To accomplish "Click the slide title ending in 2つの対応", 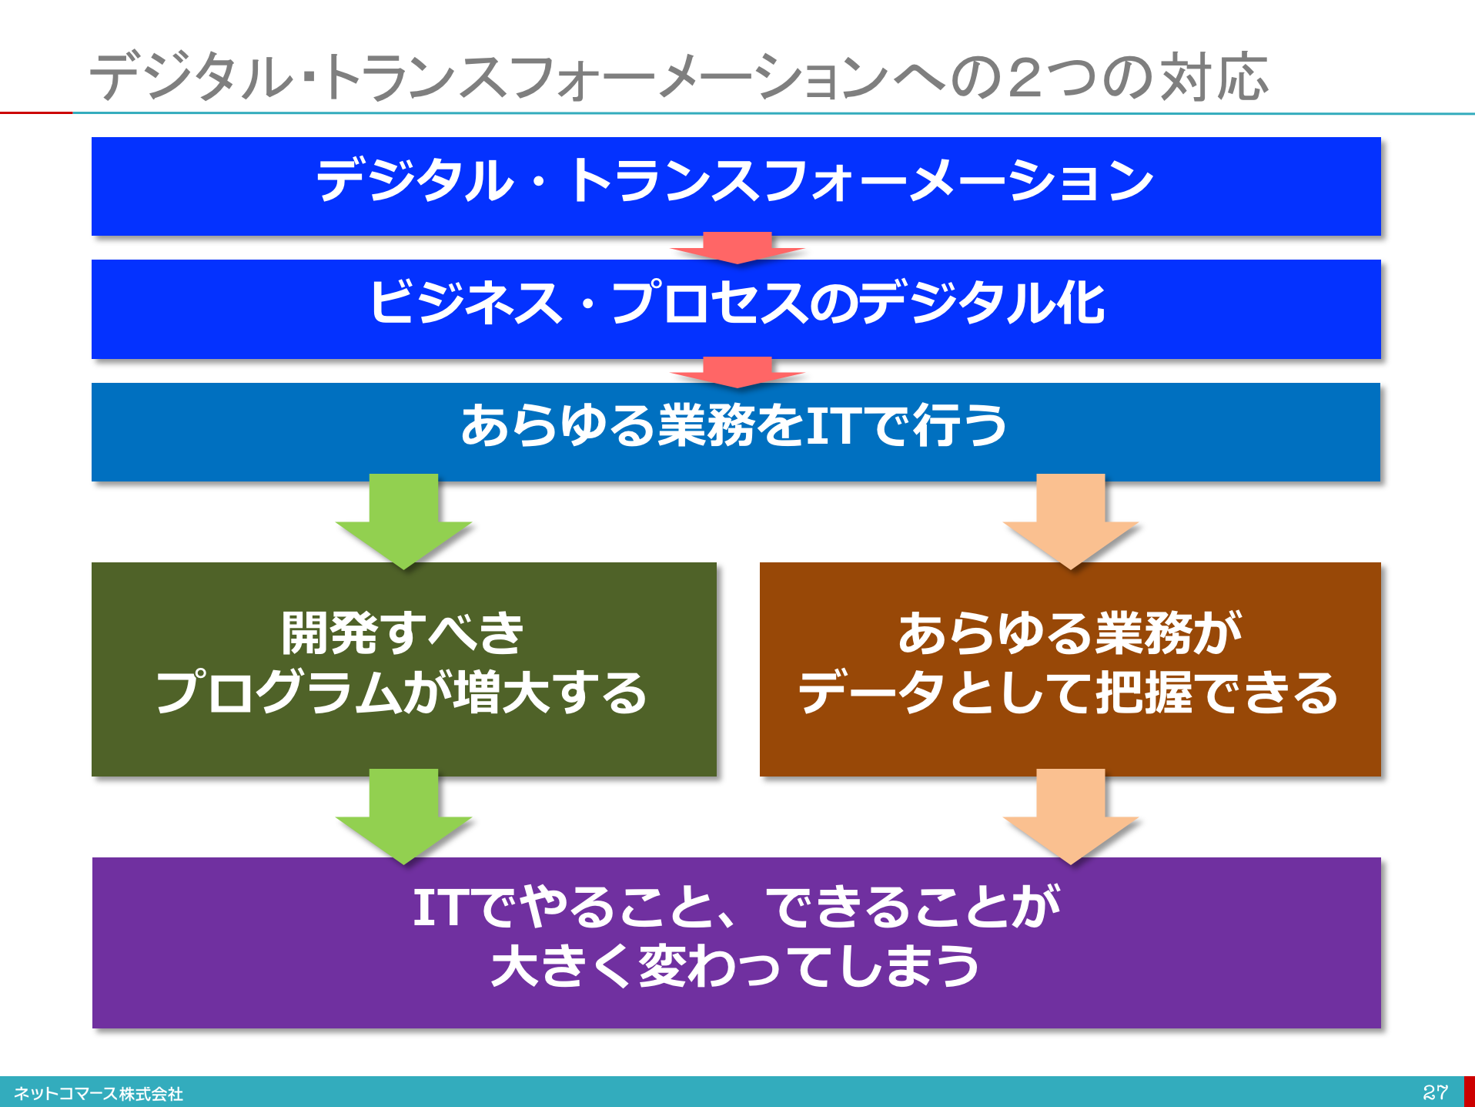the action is point(679,77).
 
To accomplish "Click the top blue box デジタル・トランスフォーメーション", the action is point(736,186).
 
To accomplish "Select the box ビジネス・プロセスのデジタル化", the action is point(736,309).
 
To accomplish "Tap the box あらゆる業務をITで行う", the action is point(736,431).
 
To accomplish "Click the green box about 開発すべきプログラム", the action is point(404,669).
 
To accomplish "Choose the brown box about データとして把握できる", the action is point(1070,669).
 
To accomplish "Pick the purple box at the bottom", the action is point(736,942).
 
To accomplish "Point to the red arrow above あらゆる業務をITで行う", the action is point(737,372).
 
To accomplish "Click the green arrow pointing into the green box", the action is point(403,522).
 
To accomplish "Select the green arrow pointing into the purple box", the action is point(403,817).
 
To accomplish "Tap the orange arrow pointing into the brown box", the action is point(1071,522).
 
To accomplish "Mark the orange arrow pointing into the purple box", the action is point(1071,817).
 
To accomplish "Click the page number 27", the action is point(1435,1092).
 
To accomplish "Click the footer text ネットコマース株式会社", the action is point(99,1094).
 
